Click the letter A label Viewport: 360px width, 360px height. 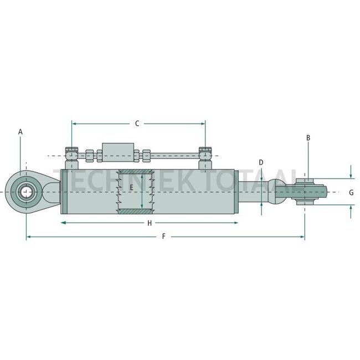pyautogui.click(x=20, y=132)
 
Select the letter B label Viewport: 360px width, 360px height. pyautogui.click(x=308, y=137)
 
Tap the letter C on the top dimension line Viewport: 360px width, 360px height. pyautogui.click(x=137, y=124)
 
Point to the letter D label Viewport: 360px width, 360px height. pyautogui.click(x=261, y=162)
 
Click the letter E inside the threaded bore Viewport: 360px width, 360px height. pyautogui.click(x=131, y=188)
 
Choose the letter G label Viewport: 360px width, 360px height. pyautogui.click(x=351, y=192)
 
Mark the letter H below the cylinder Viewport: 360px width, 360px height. pyautogui.click(x=149, y=223)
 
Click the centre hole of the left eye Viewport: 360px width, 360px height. pyautogui.click(x=25, y=192)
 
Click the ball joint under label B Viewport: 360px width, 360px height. pyautogui.click(x=305, y=192)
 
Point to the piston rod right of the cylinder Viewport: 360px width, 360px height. pyautogui.click(x=252, y=192)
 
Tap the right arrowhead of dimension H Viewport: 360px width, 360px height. pyautogui.click(x=235, y=223)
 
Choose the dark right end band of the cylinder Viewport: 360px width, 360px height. pyautogui.click(x=236, y=192)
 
